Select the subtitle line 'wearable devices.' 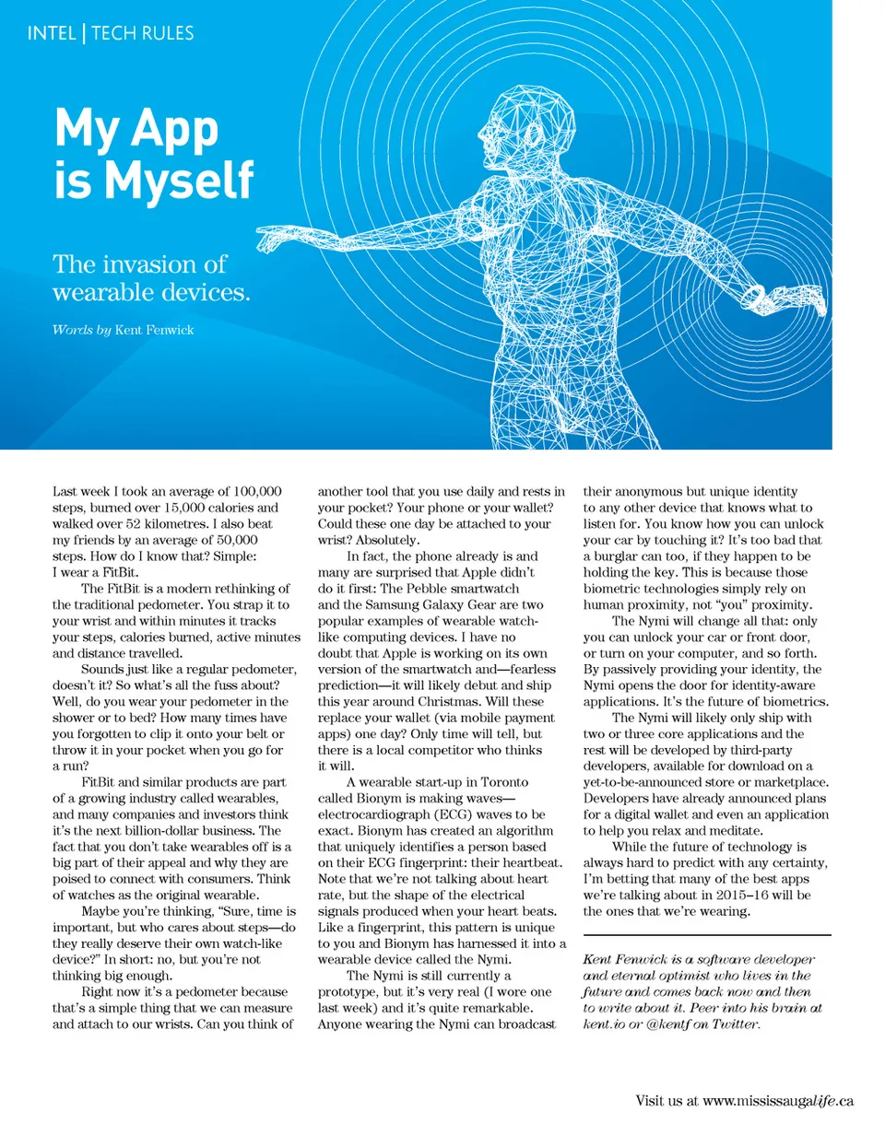151,293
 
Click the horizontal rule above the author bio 707,936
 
